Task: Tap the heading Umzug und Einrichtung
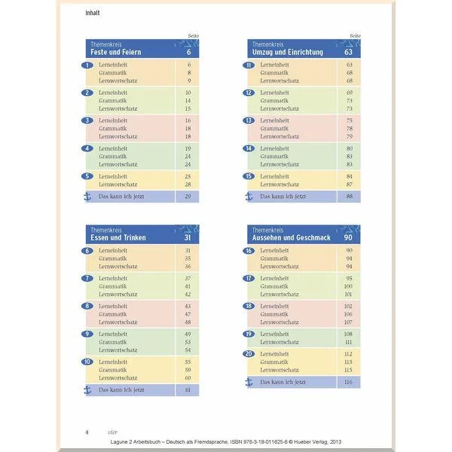[291, 53]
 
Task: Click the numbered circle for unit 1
[87, 66]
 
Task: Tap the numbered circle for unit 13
[249, 121]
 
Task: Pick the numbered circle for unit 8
[87, 306]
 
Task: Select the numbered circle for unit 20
[249, 353]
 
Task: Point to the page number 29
[188, 197]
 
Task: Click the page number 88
[349, 197]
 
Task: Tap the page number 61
[188, 389]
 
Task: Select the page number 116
[348, 382]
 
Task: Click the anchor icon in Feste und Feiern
[87, 197]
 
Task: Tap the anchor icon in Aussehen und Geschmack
[249, 382]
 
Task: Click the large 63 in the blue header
[349, 53]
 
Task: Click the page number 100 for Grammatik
[348, 286]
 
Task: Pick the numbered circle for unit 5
[87, 176]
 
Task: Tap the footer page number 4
[87, 432]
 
